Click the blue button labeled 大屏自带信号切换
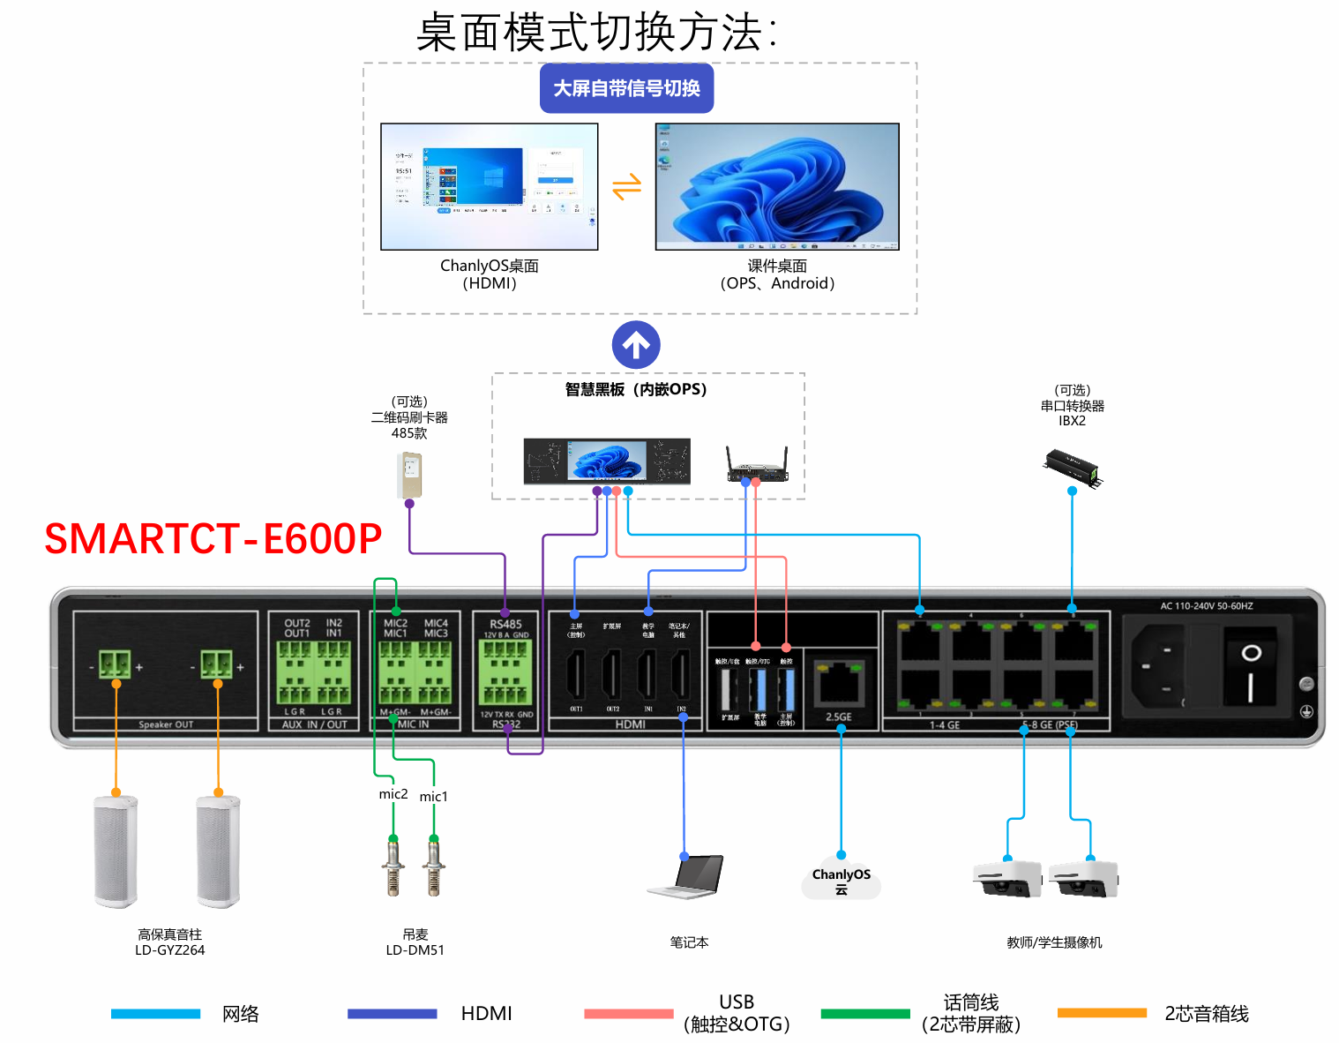[626, 88]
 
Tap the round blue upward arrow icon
[636, 345]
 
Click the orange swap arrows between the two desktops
[626, 187]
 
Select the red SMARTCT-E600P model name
[213, 539]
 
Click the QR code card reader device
[409, 475]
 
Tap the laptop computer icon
[687, 877]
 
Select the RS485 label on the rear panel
[505, 624]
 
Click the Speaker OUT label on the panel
[166, 724]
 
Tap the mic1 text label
[433, 797]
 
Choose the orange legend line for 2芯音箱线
[1102, 1013]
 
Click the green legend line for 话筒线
[864, 1014]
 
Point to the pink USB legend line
[628, 1014]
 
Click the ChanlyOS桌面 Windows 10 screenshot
[490, 186]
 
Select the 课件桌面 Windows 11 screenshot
[777, 186]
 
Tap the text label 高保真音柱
[169, 934]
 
